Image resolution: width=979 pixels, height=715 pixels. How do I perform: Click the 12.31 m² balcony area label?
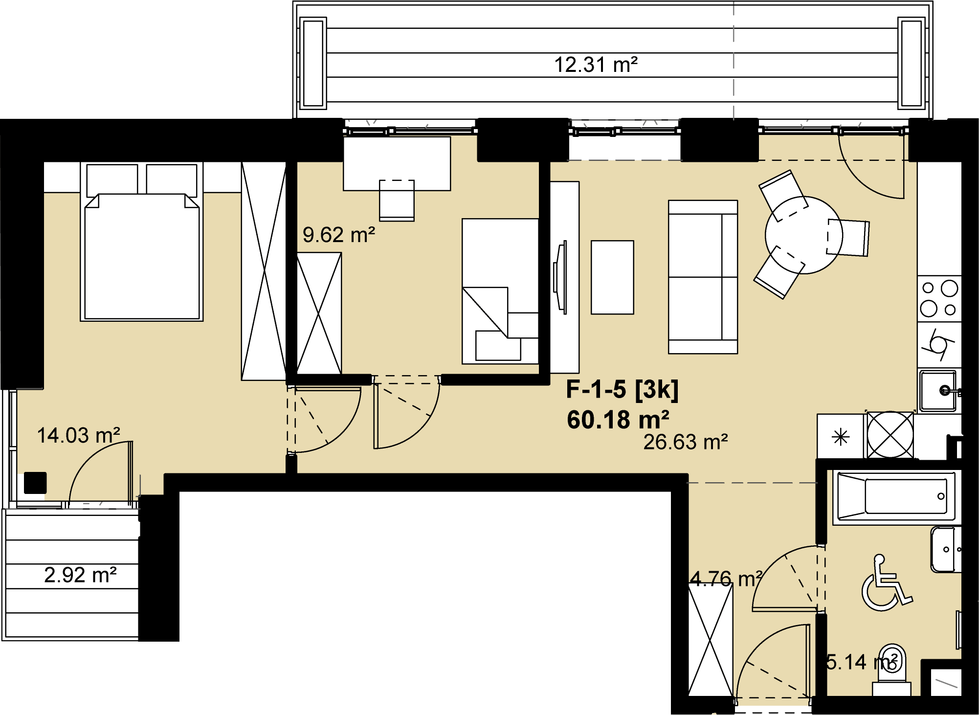click(596, 65)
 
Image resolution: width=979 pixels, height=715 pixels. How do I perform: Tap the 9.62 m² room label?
click(339, 235)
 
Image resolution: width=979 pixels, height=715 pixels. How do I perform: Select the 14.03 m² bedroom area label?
click(79, 435)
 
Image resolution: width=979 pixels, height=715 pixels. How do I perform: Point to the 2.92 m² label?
click(80, 575)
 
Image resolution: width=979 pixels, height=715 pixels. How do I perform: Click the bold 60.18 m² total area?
click(618, 420)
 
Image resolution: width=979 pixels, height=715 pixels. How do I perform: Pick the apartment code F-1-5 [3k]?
click(622, 390)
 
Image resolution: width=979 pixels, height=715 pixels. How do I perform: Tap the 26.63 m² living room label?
click(686, 442)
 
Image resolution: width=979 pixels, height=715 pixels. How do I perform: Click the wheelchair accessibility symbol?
click(886, 582)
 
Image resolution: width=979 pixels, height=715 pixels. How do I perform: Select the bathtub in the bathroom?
click(896, 496)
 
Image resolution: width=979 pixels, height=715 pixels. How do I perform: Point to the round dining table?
click(804, 235)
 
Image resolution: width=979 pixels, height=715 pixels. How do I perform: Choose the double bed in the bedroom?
click(142, 242)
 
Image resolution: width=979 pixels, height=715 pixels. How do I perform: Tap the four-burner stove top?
click(939, 299)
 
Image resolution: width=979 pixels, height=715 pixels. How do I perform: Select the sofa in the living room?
click(703, 277)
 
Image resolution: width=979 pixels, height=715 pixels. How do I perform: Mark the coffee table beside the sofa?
click(612, 277)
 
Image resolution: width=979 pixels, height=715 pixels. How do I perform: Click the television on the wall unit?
click(560, 277)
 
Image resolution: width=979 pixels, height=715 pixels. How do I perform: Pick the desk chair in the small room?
click(397, 200)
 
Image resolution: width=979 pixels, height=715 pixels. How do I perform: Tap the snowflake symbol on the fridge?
click(841, 437)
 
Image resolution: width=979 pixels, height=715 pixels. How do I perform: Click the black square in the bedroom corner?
click(35, 483)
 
